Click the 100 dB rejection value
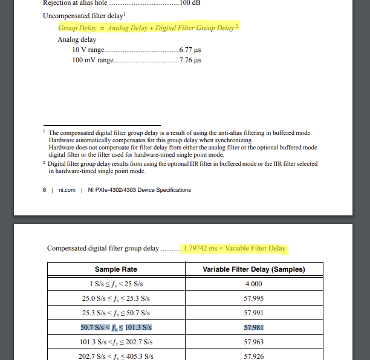[189, 2]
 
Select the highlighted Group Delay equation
[149, 28]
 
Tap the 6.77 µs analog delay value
[190, 50]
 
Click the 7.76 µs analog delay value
[190, 61]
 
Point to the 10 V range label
[88, 50]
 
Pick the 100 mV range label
[92, 61]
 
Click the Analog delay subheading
[77, 39]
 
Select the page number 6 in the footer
[45, 190]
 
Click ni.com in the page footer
[67, 190]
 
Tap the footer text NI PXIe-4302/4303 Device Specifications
[139, 190]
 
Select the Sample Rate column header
[116, 269]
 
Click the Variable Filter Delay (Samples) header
[253, 269]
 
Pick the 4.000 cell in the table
[253, 284]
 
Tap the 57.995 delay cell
[253, 298]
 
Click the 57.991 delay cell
[253, 313]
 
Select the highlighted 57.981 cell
[253, 327]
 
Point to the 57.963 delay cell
[253, 342]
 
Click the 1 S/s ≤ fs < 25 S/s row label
[116, 284]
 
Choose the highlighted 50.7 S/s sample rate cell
[116, 327]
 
